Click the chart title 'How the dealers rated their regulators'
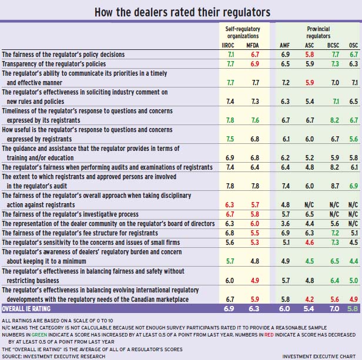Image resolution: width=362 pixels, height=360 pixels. [181, 11]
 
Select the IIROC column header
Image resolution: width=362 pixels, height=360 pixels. [231, 43]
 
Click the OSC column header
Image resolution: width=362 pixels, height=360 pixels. [353, 43]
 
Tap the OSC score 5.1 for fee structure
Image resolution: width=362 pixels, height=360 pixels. [353, 233]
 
